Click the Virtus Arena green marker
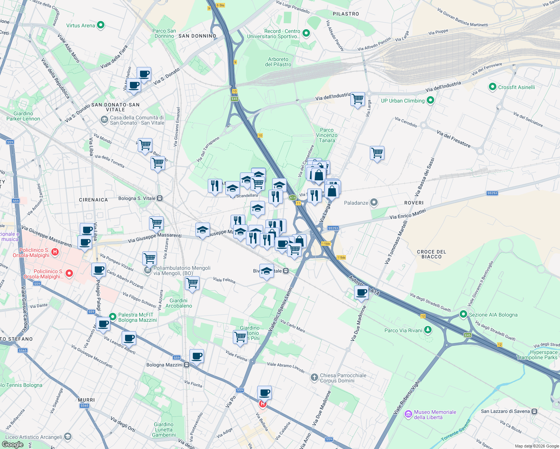pyautogui.click(x=100, y=25)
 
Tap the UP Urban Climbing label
pyautogui.click(x=403, y=101)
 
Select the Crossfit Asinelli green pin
pyautogui.click(x=493, y=87)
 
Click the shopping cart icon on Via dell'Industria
pyautogui.click(x=358, y=99)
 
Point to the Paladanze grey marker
pyautogui.click(x=374, y=203)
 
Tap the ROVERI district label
pyautogui.click(x=414, y=203)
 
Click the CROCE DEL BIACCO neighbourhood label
pyautogui.click(x=431, y=254)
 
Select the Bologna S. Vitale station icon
pyautogui.click(x=160, y=198)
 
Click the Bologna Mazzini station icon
pyautogui.click(x=186, y=365)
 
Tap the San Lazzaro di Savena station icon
pyautogui.click(x=535, y=411)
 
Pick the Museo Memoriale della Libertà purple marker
pyautogui.click(x=408, y=414)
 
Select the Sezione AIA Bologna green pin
pyautogui.click(x=463, y=314)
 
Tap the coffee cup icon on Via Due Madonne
pyautogui.click(x=361, y=293)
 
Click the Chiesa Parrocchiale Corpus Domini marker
pyautogui.click(x=314, y=378)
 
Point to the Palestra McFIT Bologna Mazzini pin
pyautogui.click(x=113, y=317)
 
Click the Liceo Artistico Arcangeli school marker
pyautogui.click(x=67, y=437)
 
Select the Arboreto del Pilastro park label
pyautogui.click(x=278, y=62)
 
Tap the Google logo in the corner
pyautogui.click(x=13, y=444)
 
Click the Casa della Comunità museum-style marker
pyautogui.click(x=104, y=120)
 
